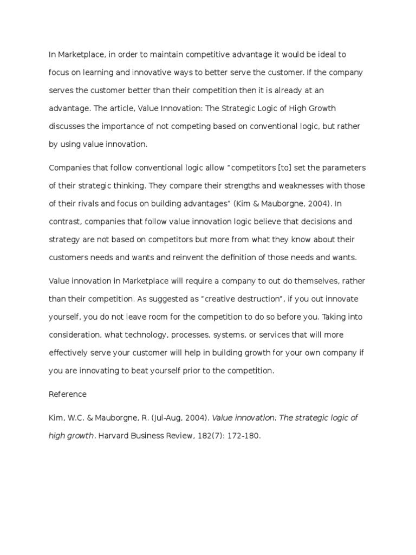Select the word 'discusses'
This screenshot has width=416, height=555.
[x=67, y=126]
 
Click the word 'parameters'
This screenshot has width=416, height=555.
[x=338, y=167]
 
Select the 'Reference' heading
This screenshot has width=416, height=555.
[x=67, y=394]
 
